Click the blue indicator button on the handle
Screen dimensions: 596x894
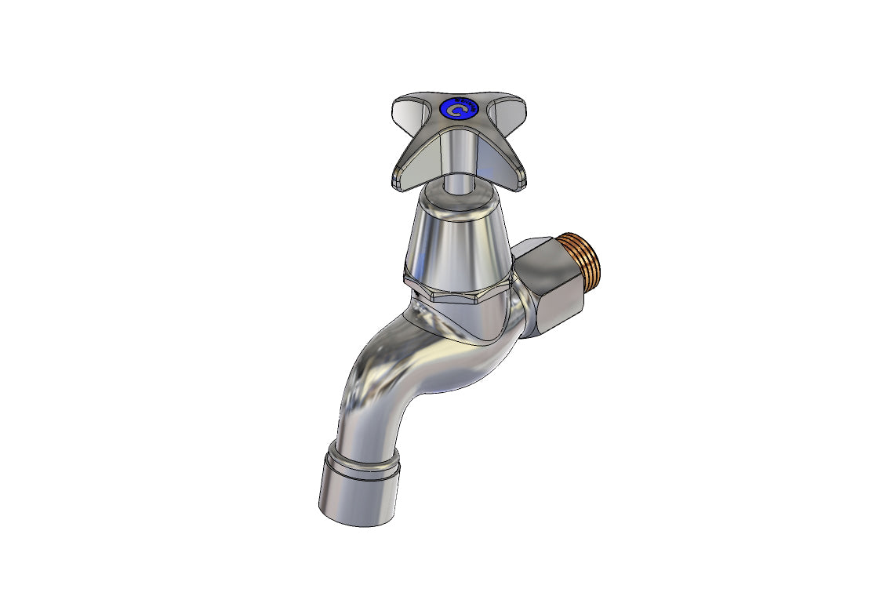[458, 109]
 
